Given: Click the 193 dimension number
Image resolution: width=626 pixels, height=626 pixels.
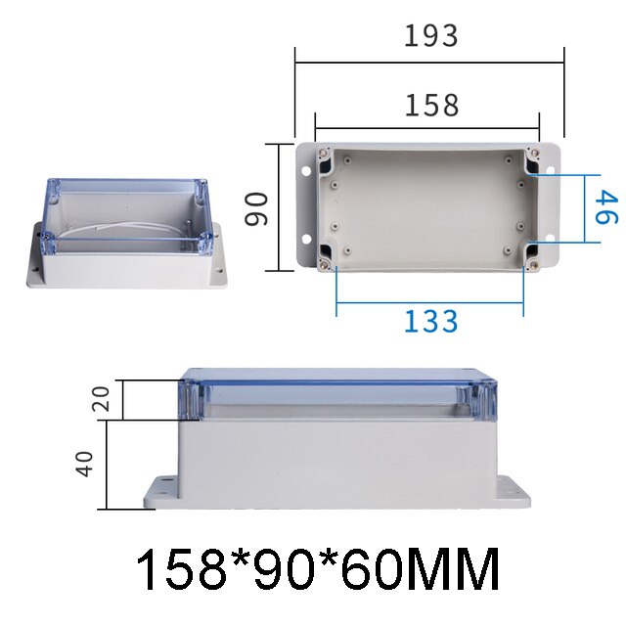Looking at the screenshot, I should [x=430, y=36].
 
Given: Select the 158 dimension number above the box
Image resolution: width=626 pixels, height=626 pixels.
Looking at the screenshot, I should [x=430, y=105].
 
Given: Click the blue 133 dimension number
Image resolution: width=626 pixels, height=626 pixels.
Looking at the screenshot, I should [x=430, y=321].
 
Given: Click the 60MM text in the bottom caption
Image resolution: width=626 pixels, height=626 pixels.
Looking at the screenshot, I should [x=430, y=570].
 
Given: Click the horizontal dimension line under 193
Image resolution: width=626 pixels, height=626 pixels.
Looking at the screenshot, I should [x=430, y=63].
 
